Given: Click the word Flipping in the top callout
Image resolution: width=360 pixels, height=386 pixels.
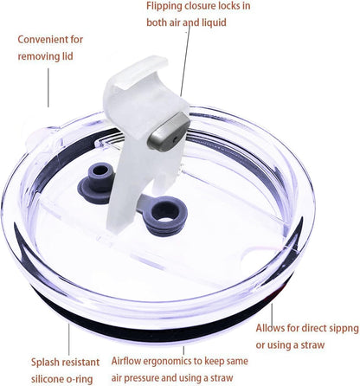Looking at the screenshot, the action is click(164, 6).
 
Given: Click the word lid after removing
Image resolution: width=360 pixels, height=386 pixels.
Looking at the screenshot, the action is click(67, 56).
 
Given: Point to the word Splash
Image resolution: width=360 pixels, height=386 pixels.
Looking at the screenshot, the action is click(45, 363).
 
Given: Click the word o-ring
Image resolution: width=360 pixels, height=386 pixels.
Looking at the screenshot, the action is click(79, 379).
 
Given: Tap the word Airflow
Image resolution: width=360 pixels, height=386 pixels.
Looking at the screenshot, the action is click(126, 361).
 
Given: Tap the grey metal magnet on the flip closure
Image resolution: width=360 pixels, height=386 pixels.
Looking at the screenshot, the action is click(170, 132).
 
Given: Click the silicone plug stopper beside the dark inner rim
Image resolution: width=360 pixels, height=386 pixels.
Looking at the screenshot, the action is click(96, 182).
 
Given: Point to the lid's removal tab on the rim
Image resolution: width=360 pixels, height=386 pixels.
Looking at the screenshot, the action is click(41, 139).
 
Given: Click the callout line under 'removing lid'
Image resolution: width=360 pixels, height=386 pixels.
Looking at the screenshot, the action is click(48, 87).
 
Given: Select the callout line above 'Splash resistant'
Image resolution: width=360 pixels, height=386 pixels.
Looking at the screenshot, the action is click(69, 338).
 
